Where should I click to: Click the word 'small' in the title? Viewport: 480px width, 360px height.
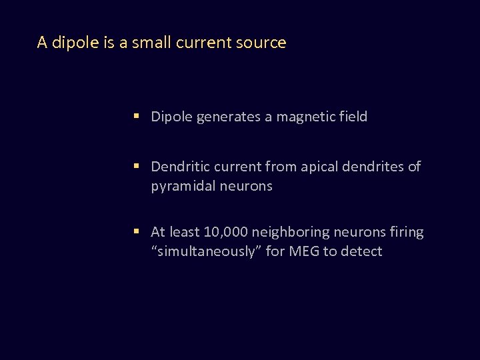point(152,43)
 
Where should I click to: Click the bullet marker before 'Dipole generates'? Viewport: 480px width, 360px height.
point(135,117)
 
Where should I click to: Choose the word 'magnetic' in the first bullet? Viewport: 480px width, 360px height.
point(304,117)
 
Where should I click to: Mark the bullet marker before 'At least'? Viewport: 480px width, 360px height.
point(135,232)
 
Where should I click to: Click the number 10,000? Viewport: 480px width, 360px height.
point(227,232)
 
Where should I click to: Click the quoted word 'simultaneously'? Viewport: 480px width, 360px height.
point(206,251)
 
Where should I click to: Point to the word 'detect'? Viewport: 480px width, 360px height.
point(361,251)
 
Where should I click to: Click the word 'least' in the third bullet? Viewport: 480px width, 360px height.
point(184,232)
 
